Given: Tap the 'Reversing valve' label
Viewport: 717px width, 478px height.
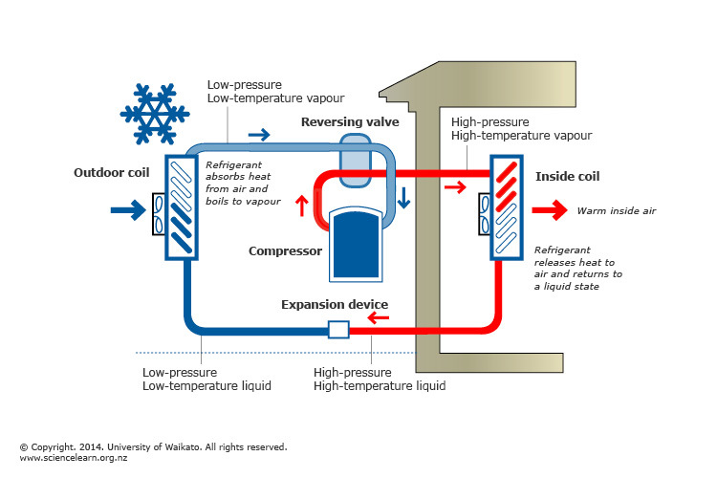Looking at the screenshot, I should [x=349, y=121].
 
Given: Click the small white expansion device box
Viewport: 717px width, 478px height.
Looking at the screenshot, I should [x=337, y=330].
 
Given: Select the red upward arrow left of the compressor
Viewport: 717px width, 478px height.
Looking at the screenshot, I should [x=303, y=204].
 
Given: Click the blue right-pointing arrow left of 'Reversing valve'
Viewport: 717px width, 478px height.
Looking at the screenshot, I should [x=258, y=135].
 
